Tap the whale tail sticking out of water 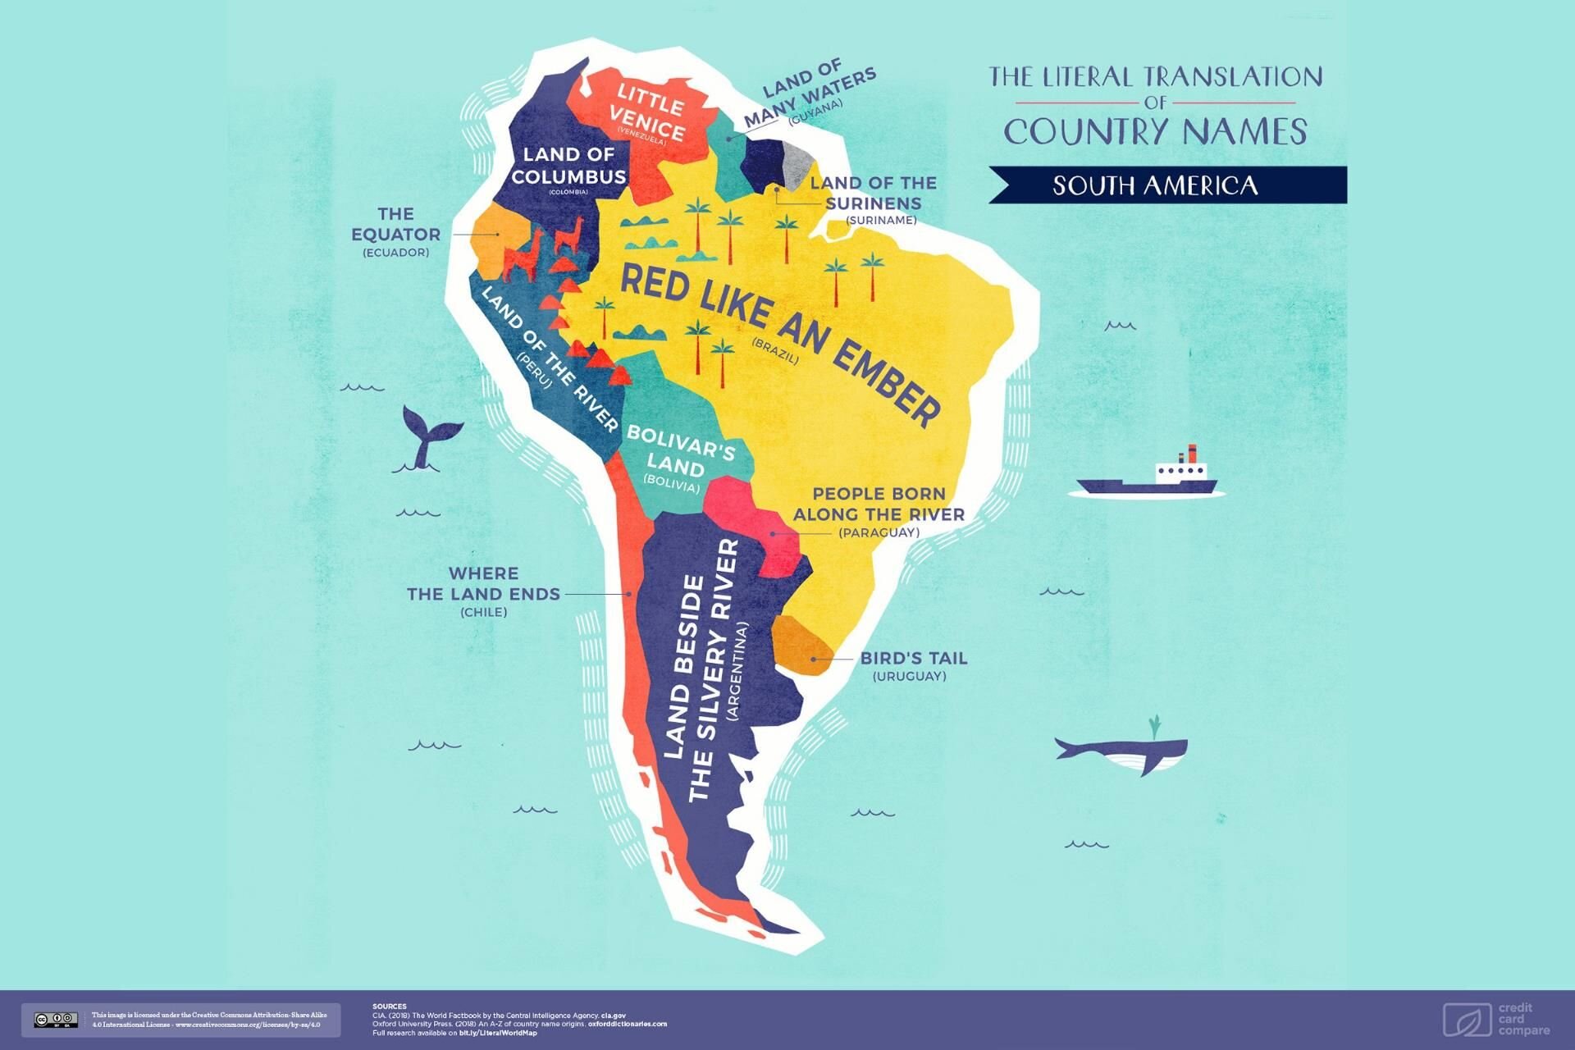(x=428, y=440)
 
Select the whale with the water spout (x=1122, y=751)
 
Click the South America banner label (x=1155, y=185)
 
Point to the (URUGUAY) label (x=909, y=677)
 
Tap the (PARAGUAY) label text (x=879, y=533)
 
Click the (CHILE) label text (x=484, y=613)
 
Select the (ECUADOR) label (x=395, y=253)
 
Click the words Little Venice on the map (x=650, y=112)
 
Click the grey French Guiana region (x=794, y=162)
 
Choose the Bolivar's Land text (x=679, y=450)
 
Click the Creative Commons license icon (x=56, y=1020)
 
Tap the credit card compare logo (x=1496, y=1019)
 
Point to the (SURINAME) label (x=881, y=221)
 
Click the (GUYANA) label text (x=815, y=113)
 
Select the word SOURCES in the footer (x=389, y=1006)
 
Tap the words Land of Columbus (x=568, y=165)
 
